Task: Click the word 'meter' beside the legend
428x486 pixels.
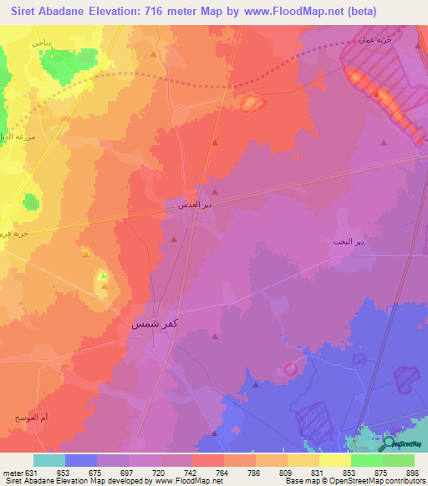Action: click(x=11, y=473)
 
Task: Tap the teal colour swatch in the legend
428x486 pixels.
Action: click(x=48, y=460)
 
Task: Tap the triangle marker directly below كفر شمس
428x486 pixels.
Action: click(x=215, y=338)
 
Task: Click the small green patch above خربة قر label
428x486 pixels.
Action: click(x=31, y=201)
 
